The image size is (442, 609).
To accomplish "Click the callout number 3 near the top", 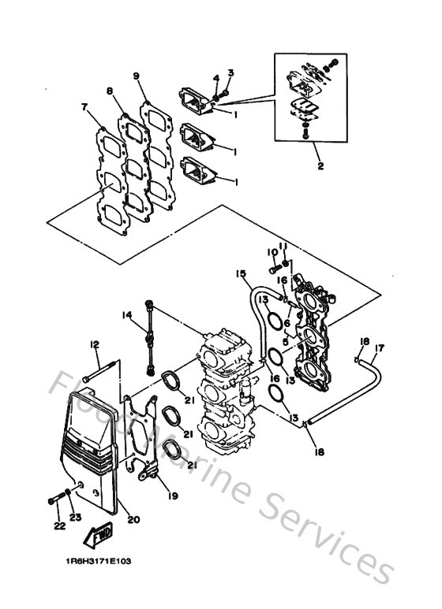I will pos(230,73).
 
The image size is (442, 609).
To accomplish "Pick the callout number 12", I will pos(94,343).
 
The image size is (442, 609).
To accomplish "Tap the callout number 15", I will pos(240,273).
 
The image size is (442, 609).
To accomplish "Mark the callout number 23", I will pos(76,518).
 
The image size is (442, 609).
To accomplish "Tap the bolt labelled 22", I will pos(56,498).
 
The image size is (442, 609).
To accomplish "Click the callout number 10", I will pos(271,252).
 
